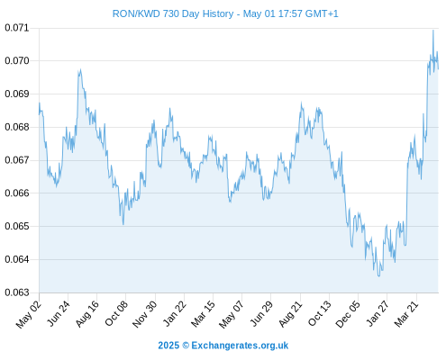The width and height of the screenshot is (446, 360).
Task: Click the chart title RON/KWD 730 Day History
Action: coord(173,13)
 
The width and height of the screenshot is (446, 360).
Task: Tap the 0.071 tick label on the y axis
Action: coord(17,28)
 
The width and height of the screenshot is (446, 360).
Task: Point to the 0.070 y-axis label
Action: coord(17,61)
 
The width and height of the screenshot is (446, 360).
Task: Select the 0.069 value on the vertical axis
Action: coord(17,94)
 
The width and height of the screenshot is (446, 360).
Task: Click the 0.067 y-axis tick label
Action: coord(17,160)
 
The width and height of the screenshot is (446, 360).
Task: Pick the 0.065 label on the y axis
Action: coord(17,226)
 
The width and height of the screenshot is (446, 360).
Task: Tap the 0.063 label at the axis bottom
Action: coord(17,292)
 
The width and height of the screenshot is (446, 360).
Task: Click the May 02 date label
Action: coord(28,314)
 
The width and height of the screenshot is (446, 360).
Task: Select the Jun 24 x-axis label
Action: coord(59,313)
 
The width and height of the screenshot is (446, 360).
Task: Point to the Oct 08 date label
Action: coord(116,313)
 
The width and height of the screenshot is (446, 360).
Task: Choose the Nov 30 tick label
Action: coord(144,314)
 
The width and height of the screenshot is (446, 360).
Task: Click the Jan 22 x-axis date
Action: coord(175,313)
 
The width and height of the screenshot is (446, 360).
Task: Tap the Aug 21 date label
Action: coord(290,314)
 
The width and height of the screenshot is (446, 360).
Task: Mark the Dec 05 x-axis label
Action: coord(348,314)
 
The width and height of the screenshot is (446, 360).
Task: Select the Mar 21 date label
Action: coord(405,314)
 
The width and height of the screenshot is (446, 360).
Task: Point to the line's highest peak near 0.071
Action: coord(433,31)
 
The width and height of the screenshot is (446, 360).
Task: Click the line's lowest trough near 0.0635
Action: coord(379,275)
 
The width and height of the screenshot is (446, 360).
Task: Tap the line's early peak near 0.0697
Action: coord(80,70)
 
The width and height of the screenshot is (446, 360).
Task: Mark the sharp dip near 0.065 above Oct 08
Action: coord(123,224)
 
